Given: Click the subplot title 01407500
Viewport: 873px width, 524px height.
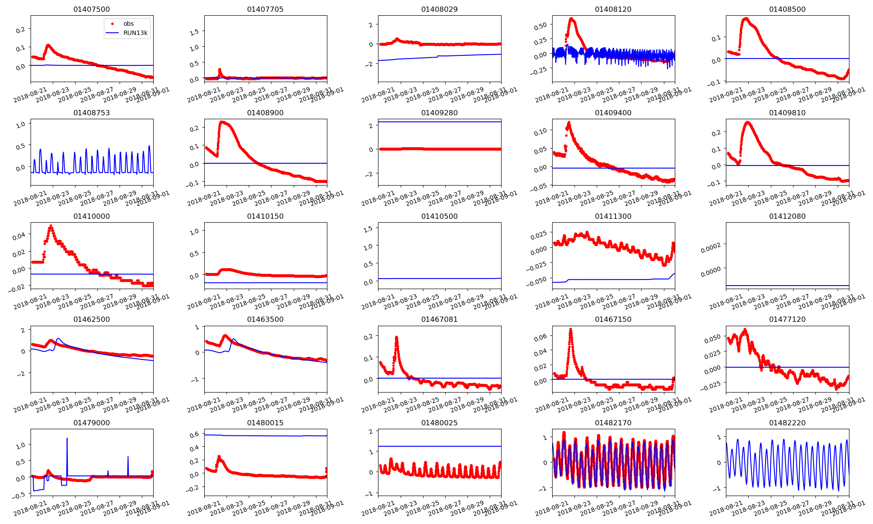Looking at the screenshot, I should tap(92, 9).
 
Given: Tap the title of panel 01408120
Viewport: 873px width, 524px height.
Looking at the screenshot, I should tap(613, 9).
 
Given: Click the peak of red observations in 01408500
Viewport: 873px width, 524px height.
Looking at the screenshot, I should tap(746, 19).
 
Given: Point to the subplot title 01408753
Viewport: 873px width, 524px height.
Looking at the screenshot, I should tap(92, 113).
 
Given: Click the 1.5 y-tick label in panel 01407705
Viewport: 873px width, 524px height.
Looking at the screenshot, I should tap(195, 32).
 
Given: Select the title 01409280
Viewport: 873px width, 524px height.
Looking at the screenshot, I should tap(440, 113).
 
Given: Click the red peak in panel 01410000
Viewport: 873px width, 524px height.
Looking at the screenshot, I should tap(51, 226).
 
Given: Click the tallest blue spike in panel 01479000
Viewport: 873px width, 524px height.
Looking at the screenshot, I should tap(67, 438).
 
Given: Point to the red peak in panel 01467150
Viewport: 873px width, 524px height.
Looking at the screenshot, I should tap(571, 329).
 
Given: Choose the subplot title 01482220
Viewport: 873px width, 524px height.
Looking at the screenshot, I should tap(787, 423).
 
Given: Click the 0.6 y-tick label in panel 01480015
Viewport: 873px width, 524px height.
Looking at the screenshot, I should tap(194, 434).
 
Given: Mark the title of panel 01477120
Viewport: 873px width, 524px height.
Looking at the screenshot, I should tap(787, 319).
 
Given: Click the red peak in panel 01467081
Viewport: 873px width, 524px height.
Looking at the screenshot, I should tap(396, 338).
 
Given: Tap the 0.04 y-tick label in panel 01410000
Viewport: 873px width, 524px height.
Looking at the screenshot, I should tap(19, 236).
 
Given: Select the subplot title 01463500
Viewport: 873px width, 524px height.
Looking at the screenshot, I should tap(265, 319).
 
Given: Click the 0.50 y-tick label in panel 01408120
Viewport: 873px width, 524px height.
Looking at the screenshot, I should tap(541, 26).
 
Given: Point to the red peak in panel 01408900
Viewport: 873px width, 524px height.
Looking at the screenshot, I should tap(222, 122).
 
